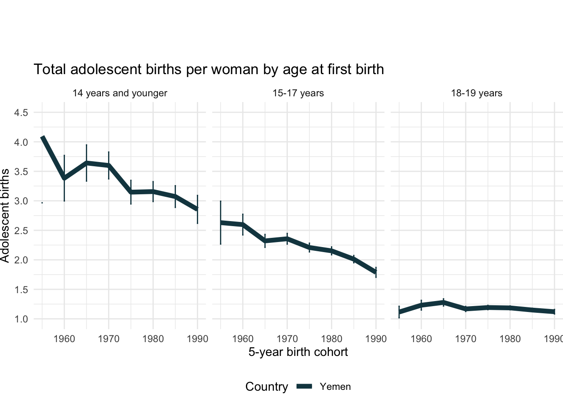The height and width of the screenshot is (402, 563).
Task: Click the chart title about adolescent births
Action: point(209,70)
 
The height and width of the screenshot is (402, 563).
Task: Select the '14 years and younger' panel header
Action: point(120,93)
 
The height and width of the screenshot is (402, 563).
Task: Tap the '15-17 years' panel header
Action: point(298,93)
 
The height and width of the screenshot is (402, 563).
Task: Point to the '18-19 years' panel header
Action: point(476,93)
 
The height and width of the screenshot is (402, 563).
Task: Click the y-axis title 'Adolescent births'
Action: point(5,216)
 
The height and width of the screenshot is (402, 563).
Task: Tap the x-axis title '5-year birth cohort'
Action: point(298,352)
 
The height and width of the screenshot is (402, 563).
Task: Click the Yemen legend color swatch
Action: point(305,387)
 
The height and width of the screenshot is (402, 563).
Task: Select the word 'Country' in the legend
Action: point(266,387)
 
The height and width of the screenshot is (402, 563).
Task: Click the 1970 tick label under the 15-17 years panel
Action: point(287,339)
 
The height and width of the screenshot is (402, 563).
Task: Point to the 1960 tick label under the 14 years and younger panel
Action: point(64,339)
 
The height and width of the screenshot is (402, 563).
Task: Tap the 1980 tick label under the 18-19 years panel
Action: point(510,339)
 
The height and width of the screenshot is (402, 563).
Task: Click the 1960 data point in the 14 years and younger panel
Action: point(64,178)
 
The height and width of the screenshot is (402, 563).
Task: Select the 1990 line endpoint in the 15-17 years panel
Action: point(376,272)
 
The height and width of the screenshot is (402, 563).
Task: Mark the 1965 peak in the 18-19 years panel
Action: point(443,302)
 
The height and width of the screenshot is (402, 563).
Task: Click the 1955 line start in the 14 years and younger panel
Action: point(42,137)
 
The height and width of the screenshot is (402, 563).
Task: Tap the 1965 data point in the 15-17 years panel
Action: point(265,241)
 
